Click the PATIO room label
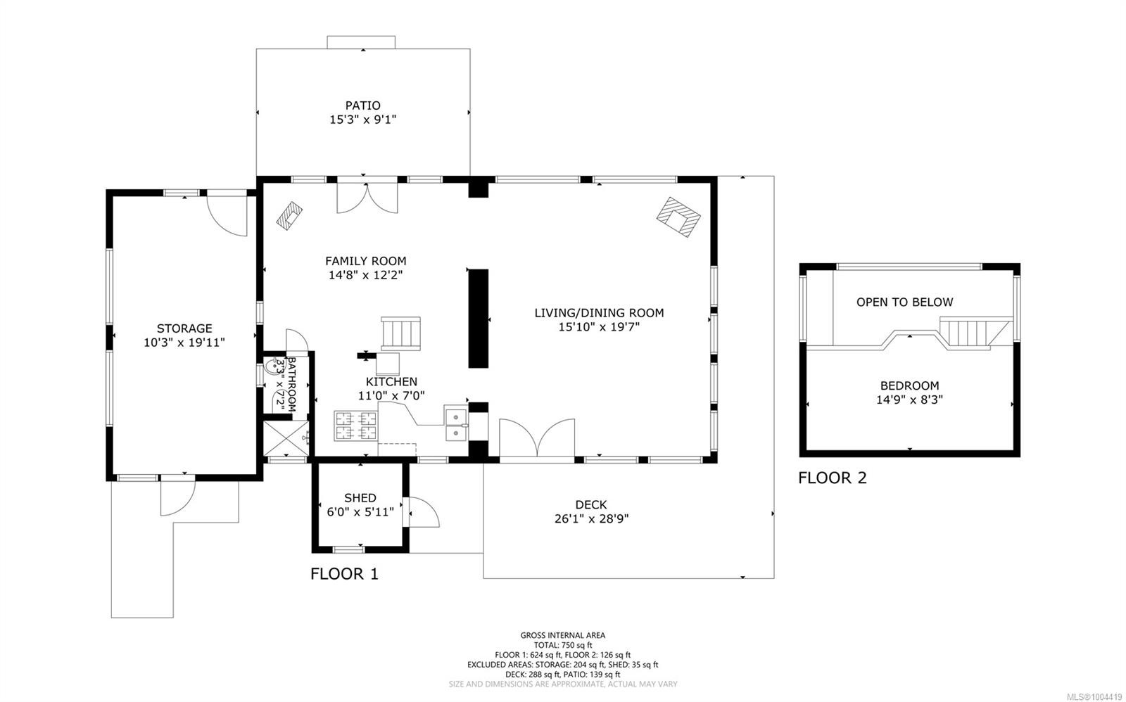tap(362, 106)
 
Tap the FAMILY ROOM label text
tap(365, 261)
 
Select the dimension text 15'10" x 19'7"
tap(599, 327)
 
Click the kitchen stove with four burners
tap(355, 426)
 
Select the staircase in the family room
tap(400, 333)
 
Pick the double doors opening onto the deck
tap(537, 440)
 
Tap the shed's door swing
tap(422, 512)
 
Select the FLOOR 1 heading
tap(344, 574)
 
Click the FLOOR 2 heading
tap(832, 478)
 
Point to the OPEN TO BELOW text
tap(904, 302)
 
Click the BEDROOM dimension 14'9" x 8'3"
tap(909, 400)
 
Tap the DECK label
tap(590, 504)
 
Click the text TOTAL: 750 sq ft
tap(562, 645)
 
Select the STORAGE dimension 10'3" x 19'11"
tap(184, 343)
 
